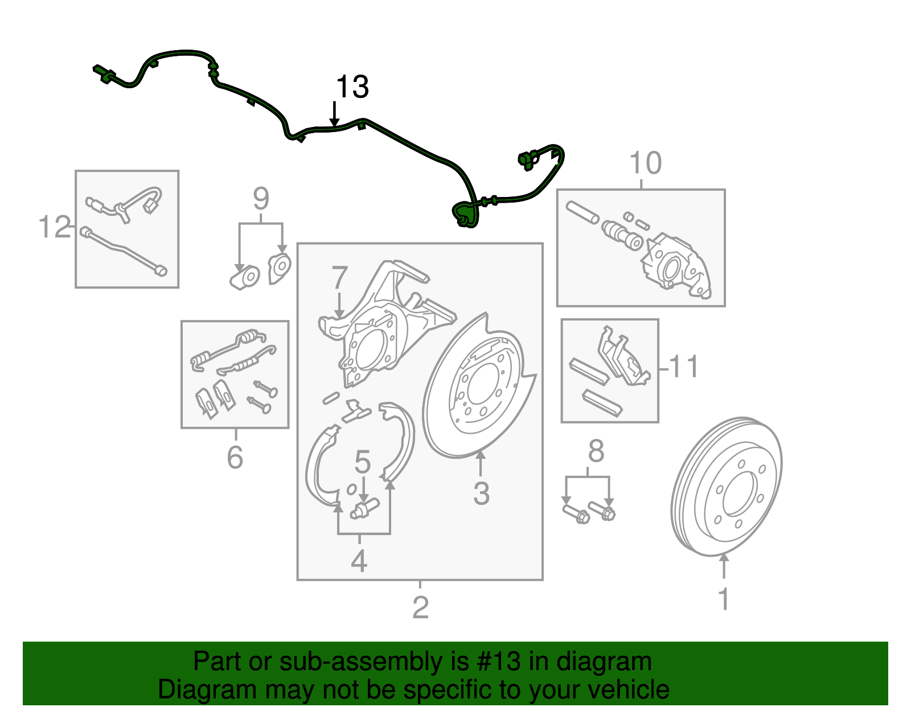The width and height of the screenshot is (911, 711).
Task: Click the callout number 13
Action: pyautogui.click(x=352, y=87)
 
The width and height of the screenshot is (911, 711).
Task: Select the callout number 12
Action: pyautogui.click(x=54, y=227)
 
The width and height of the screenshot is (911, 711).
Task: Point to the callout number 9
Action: pyautogui.click(x=261, y=199)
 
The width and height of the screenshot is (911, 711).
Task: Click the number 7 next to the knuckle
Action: pyautogui.click(x=339, y=278)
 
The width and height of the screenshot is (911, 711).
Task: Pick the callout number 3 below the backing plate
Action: pyautogui.click(x=481, y=494)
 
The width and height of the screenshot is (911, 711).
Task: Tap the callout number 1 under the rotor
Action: pyautogui.click(x=723, y=599)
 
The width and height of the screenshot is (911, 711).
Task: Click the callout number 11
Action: pyautogui.click(x=684, y=367)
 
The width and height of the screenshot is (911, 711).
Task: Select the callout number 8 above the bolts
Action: pyautogui.click(x=596, y=451)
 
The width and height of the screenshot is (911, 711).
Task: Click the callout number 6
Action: pyautogui.click(x=235, y=457)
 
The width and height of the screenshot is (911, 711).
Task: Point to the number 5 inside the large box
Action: pyautogui.click(x=363, y=462)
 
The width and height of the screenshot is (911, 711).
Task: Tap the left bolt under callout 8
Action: pyautogui.click(x=575, y=513)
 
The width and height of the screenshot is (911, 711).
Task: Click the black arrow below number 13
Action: pyautogui.click(x=335, y=114)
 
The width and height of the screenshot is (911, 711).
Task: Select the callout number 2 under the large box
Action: pyautogui.click(x=420, y=607)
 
